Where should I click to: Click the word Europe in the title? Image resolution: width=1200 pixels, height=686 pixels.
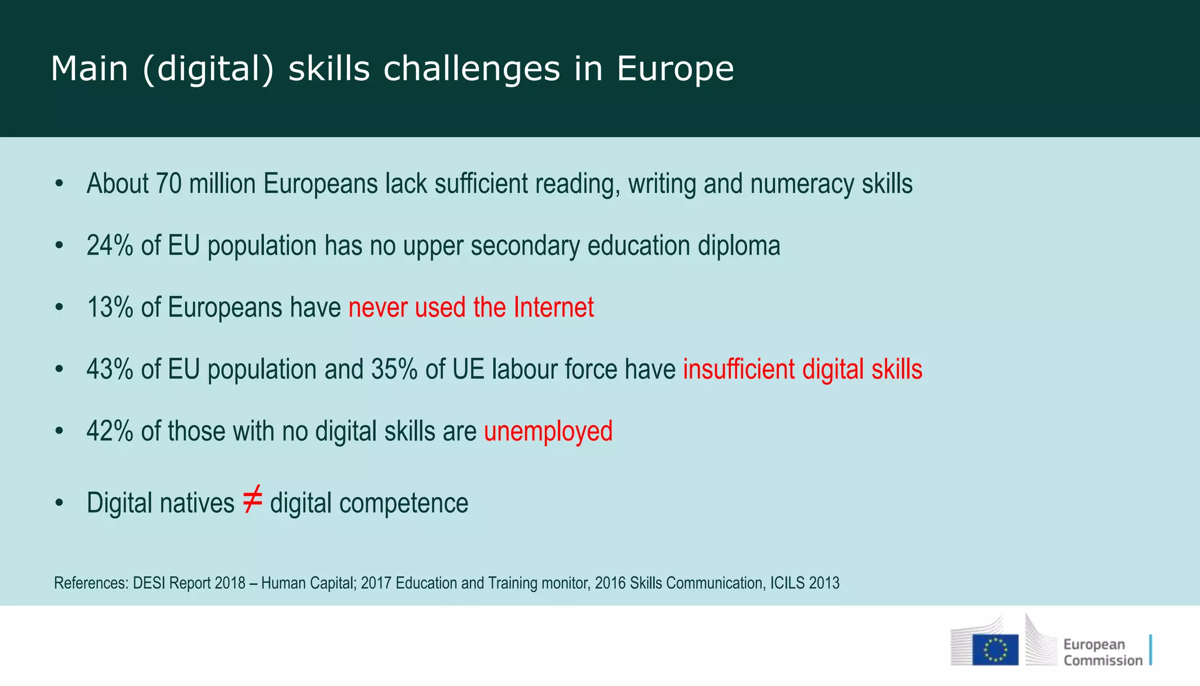coord(675,69)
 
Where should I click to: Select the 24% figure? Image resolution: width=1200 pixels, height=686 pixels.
coord(110,246)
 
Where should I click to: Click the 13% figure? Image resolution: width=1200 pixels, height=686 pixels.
coord(110,307)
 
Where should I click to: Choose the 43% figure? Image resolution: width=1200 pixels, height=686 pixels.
coord(110,369)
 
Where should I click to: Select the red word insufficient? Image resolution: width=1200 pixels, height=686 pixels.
coord(739,369)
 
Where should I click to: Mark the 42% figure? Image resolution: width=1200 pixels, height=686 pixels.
coord(110,431)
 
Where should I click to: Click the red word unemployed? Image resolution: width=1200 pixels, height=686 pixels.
coord(548,431)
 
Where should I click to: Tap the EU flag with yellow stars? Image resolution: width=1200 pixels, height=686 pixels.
coord(995,650)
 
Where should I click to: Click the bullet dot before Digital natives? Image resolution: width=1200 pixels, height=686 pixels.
coord(59,504)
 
